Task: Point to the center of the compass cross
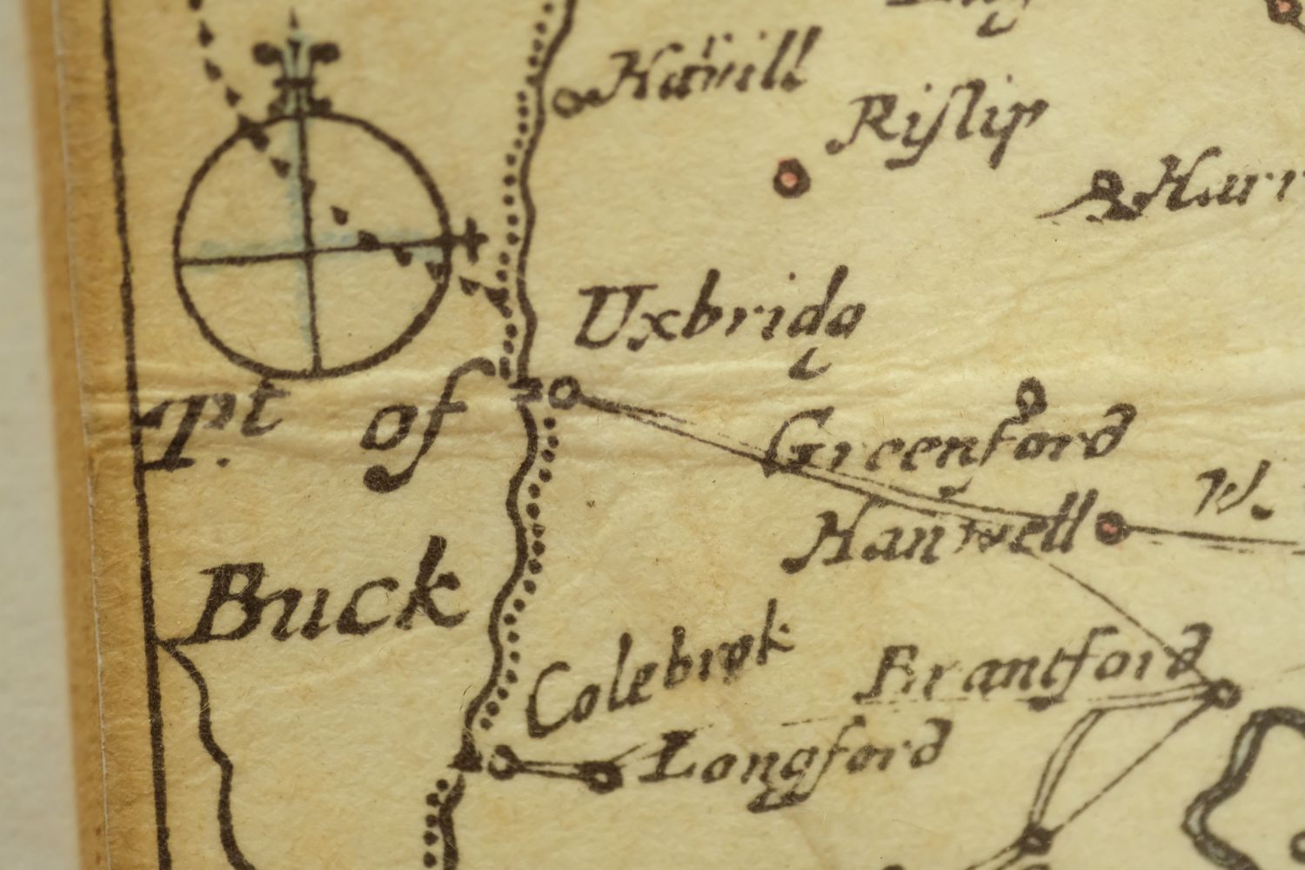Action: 311,252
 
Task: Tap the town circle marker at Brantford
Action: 1222,693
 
